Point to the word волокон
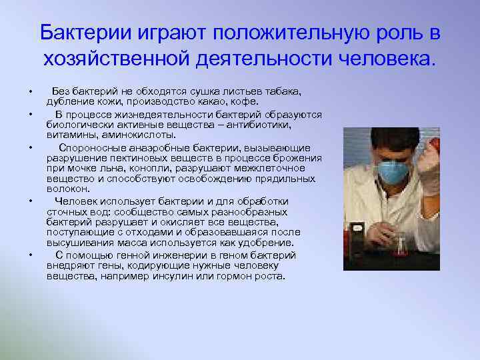(x=66, y=189)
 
